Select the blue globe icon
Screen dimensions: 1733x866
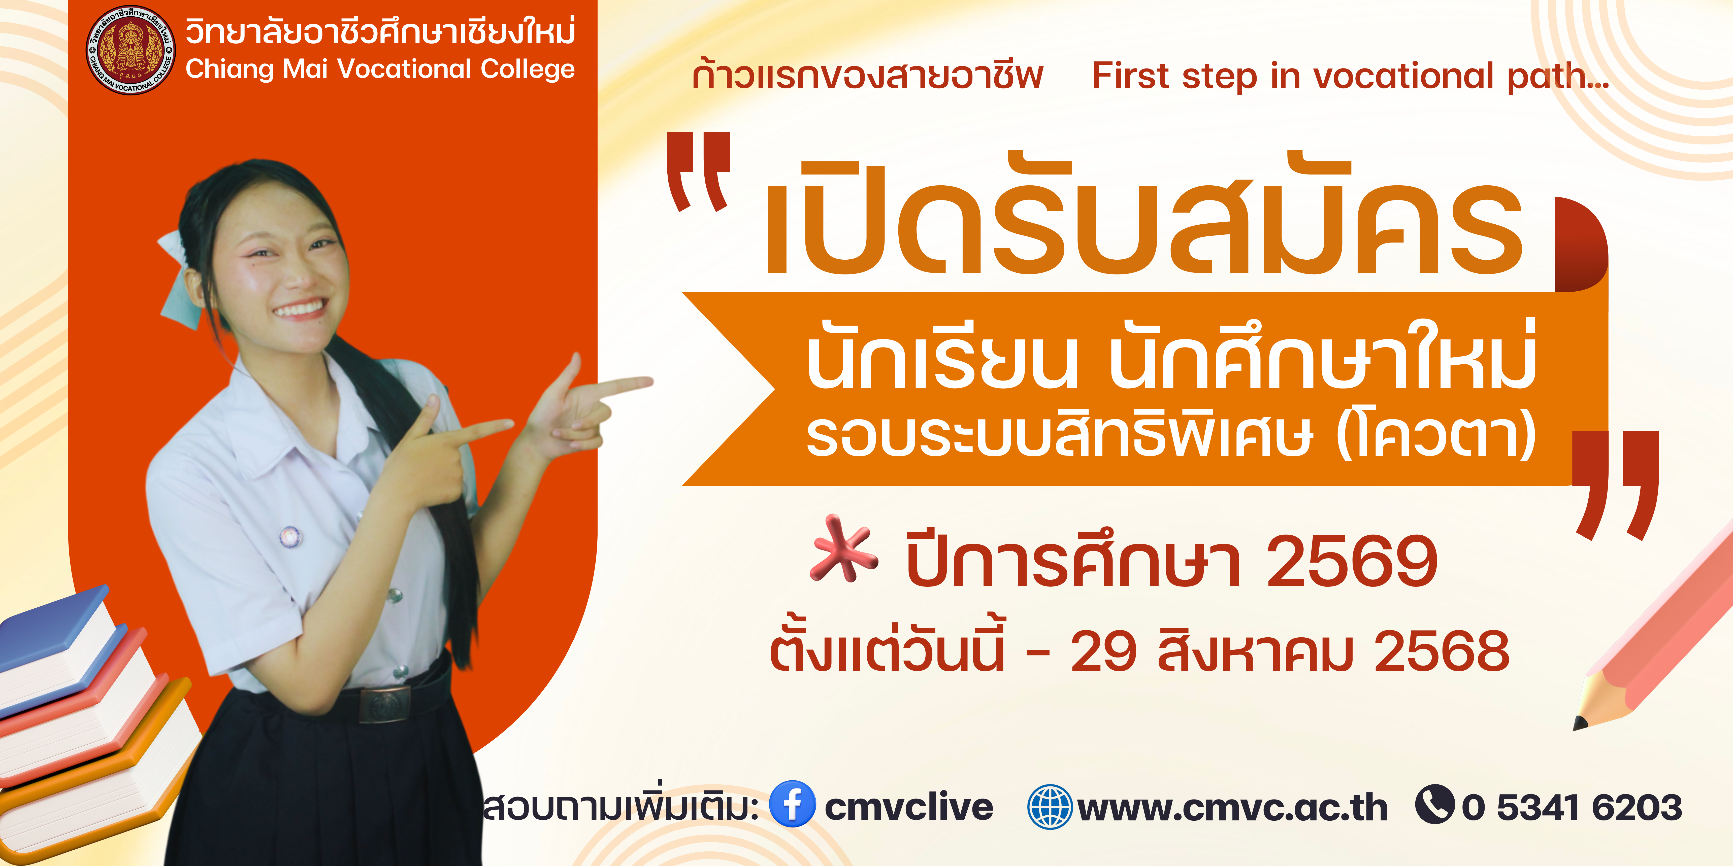coord(1050,806)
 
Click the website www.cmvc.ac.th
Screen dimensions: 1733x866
coord(1232,808)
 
